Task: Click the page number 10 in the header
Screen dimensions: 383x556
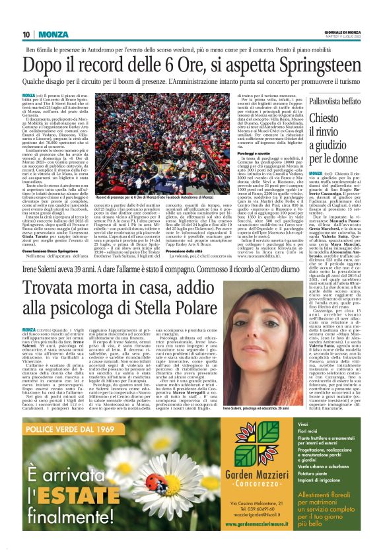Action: (x=26, y=34)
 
